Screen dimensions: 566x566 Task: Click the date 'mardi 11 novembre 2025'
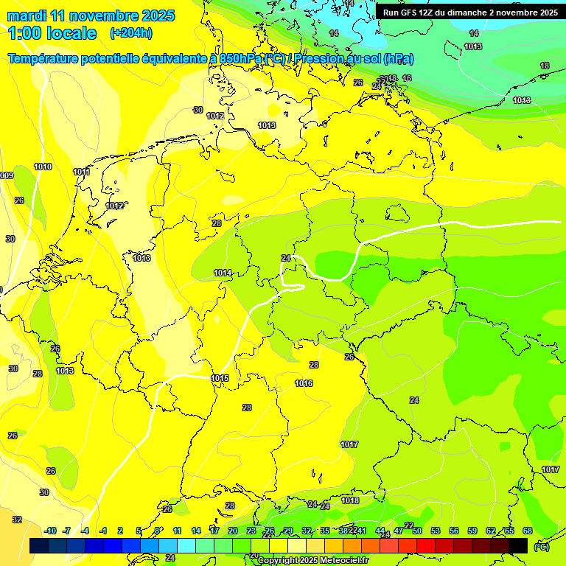click(91, 15)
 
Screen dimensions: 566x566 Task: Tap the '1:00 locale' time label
click(52, 33)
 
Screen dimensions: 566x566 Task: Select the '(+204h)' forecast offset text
click(130, 33)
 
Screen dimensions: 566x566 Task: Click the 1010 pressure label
click(43, 167)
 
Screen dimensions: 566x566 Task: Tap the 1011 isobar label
click(82, 172)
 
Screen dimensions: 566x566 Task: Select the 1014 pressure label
click(223, 273)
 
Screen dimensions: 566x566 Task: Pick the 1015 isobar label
click(220, 379)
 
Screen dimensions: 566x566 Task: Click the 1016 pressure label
click(304, 384)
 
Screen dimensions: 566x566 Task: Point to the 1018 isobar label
click(350, 501)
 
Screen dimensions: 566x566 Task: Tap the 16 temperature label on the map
click(407, 78)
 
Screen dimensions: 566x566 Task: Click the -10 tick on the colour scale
click(50, 531)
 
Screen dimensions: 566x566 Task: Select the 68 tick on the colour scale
click(528, 531)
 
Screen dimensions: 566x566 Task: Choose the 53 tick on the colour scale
click(436, 531)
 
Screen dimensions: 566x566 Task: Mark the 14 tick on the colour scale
click(196, 531)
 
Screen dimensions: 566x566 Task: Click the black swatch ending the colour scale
click(518, 545)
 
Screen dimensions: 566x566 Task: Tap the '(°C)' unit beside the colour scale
click(541, 546)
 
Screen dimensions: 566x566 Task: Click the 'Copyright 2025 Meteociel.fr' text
click(313, 560)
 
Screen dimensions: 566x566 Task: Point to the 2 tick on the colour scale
click(120, 531)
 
